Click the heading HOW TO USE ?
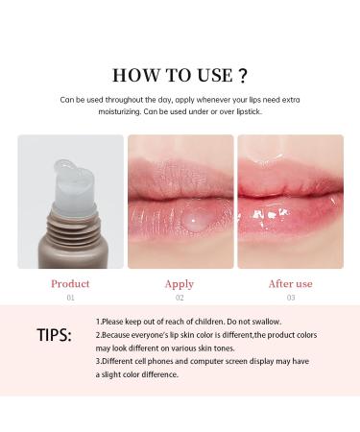click(180, 75)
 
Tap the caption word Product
click(70, 284)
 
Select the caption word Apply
click(180, 284)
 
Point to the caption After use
click(291, 284)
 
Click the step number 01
click(70, 298)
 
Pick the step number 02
click(180, 298)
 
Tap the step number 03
click(291, 298)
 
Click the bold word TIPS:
click(53, 336)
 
